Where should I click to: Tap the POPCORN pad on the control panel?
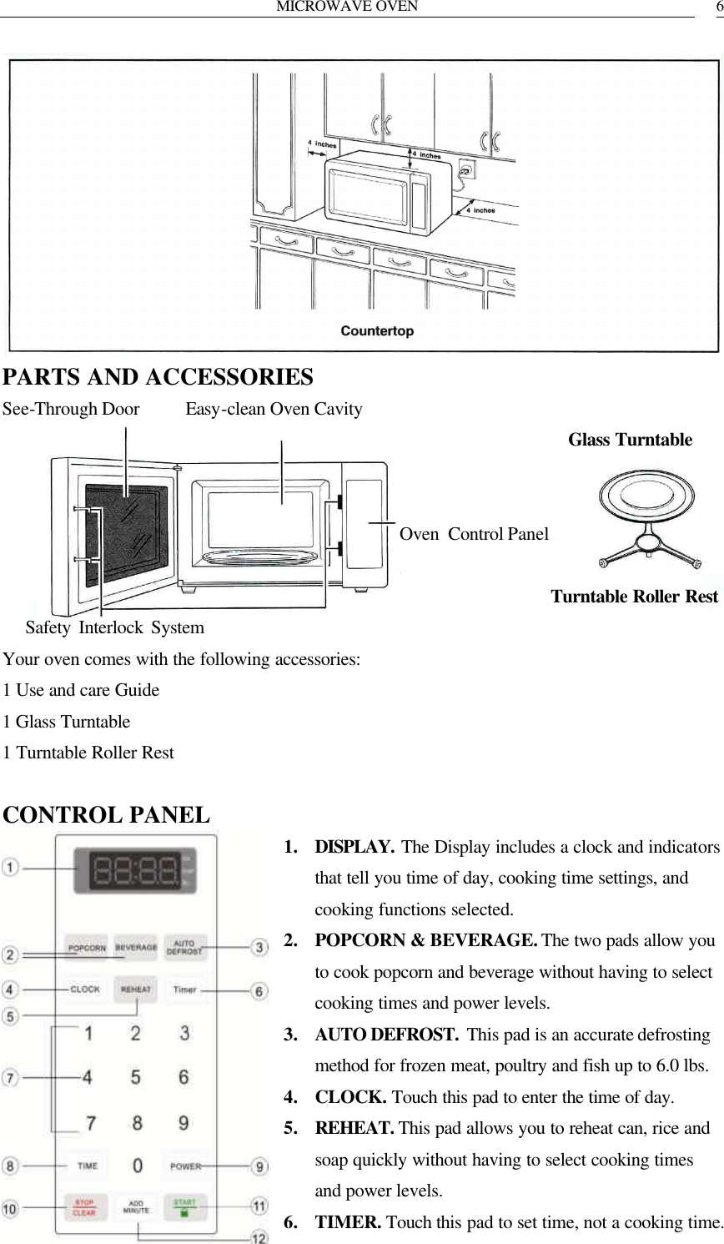[87, 947]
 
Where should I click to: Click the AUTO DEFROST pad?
[184, 947]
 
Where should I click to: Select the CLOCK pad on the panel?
[85, 989]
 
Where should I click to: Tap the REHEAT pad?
[135, 989]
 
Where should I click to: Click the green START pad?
[184, 1206]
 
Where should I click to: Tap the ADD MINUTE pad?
[136, 1206]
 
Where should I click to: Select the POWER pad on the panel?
[184, 1166]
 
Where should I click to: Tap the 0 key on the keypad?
[137, 1166]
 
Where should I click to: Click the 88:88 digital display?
[135, 872]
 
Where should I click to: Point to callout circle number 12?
[259, 1236]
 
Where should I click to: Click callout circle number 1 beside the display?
[10, 869]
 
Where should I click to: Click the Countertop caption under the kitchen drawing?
[377, 330]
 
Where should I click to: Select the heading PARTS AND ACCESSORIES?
[158, 377]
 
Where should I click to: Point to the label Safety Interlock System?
[114, 627]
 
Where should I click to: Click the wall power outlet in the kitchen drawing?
[467, 170]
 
